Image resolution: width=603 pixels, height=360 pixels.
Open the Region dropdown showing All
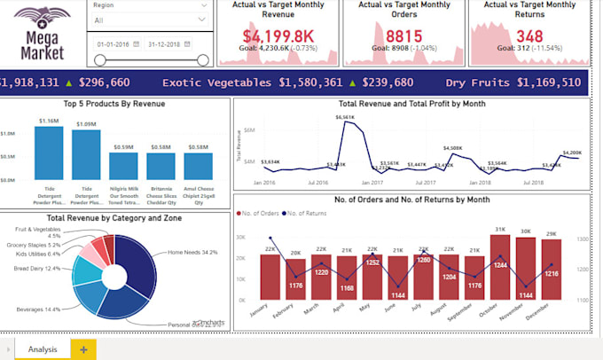(x=150, y=20)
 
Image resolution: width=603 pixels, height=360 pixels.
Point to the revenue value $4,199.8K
(x=278, y=36)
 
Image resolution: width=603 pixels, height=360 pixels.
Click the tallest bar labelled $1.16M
(x=49, y=153)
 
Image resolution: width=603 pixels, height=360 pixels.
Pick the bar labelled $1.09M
(x=86, y=155)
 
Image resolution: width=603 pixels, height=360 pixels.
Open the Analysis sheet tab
(x=43, y=349)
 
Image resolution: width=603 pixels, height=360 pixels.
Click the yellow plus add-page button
(x=83, y=349)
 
